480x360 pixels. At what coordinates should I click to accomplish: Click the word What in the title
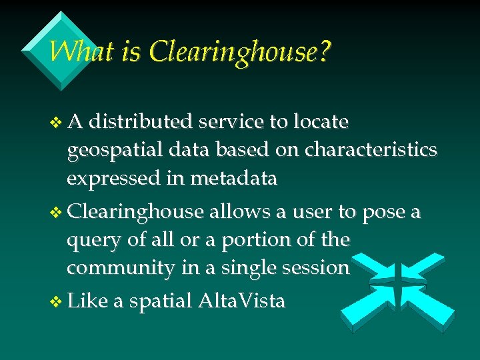[x=73, y=51]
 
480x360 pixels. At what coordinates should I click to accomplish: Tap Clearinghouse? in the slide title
[x=240, y=52]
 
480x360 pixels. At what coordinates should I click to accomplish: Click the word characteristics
[x=371, y=150]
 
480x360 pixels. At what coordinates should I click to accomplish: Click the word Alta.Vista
[x=242, y=301]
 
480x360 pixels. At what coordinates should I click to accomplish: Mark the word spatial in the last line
[x=160, y=302]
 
